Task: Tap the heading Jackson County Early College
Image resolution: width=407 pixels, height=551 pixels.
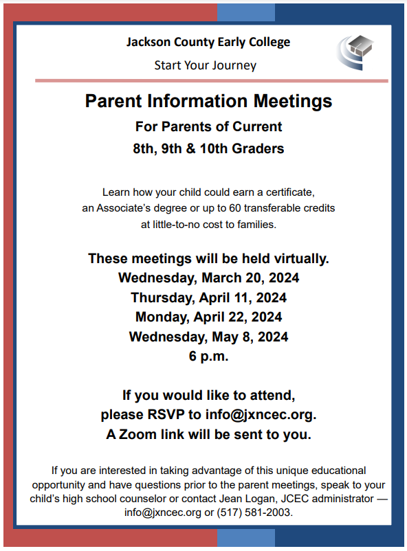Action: [x=208, y=42]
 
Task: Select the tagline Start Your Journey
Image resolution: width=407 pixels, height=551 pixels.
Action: [x=205, y=65]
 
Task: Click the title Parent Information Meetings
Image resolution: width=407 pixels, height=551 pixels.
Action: [x=208, y=102]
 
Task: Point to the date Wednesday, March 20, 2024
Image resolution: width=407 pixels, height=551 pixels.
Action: [x=208, y=278]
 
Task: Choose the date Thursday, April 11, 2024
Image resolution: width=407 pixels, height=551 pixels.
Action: [x=208, y=298]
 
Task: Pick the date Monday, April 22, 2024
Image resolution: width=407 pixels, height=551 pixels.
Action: [x=208, y=317]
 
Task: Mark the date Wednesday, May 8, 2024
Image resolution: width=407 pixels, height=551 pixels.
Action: [x=208, y=337]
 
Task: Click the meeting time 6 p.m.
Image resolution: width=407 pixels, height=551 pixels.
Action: [x=208, y=357]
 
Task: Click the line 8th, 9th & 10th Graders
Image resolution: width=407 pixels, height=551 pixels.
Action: [x=208, y=148]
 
